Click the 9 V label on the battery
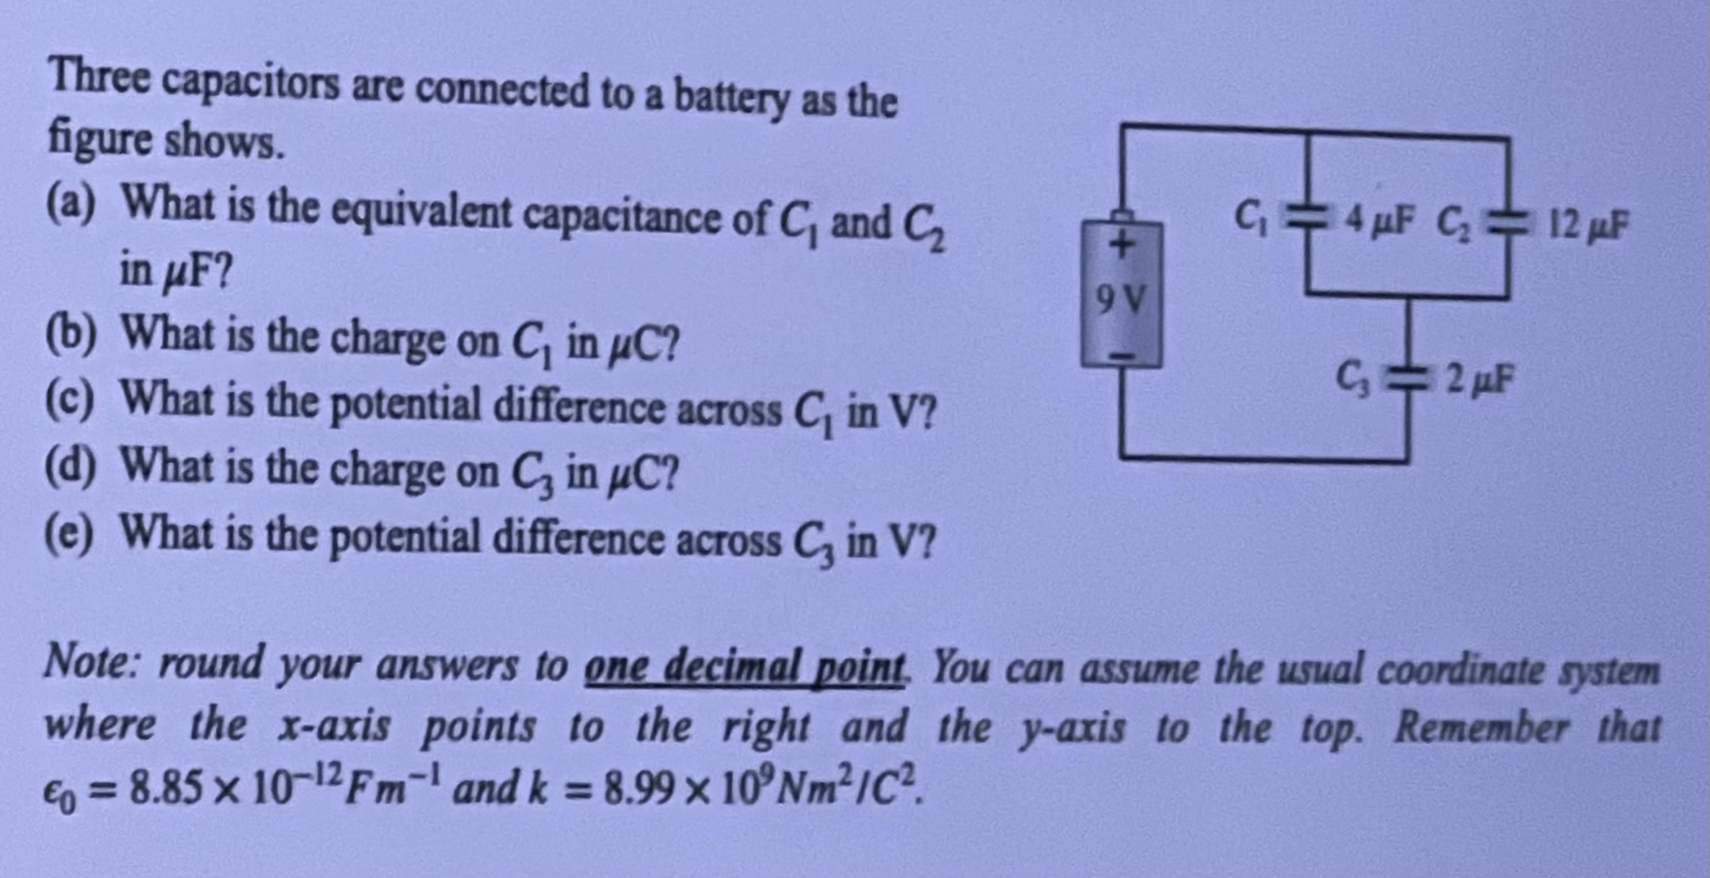pyautogui.click(x=1119, y=298)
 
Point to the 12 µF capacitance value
pyautogui.click(x=1587, y=225)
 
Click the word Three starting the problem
pyautogui.click(x=99, y=78)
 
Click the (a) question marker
pyautogui.click(x=71, y=205)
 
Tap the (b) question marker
pyautogui.click(x=71, y=334)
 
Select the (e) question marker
pyautogui.click(x=70, y=534)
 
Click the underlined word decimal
pyautogui.click(x=729, y=666)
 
